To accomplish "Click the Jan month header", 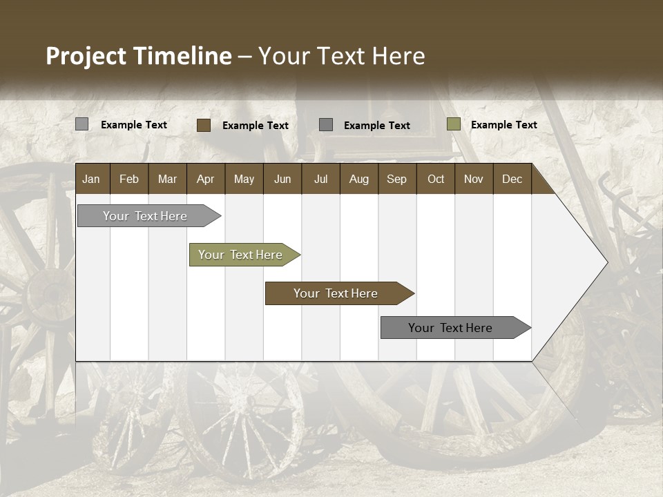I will pyautogui.click(x=91, y=179).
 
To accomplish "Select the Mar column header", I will pyautogui.click(x=167, y=179).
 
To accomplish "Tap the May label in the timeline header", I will pyautogui.click(x=244, y=179).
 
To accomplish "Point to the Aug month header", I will pyautogui.click(x=358, y=179).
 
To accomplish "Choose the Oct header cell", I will pyautogui.click(x=436, y=179).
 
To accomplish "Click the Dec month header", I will pyautogui.click(x=512, y=179).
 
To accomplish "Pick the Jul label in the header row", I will pyautogui.click(x=320, y=179).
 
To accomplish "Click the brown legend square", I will pyautogui.click(x=204, y=125).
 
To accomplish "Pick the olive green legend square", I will pyautogui.click(x=453, y=124).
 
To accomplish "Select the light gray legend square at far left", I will pyautogui.click(x=82, y=124).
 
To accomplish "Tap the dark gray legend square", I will pyautogui.click(x=326, y=124).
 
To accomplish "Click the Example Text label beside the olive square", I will pyautogui.click(x=503, y=124).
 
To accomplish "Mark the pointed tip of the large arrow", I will pyautogui.click(x=606, y=262).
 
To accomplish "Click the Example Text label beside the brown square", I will pyautogui.click(x=255, y=125).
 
